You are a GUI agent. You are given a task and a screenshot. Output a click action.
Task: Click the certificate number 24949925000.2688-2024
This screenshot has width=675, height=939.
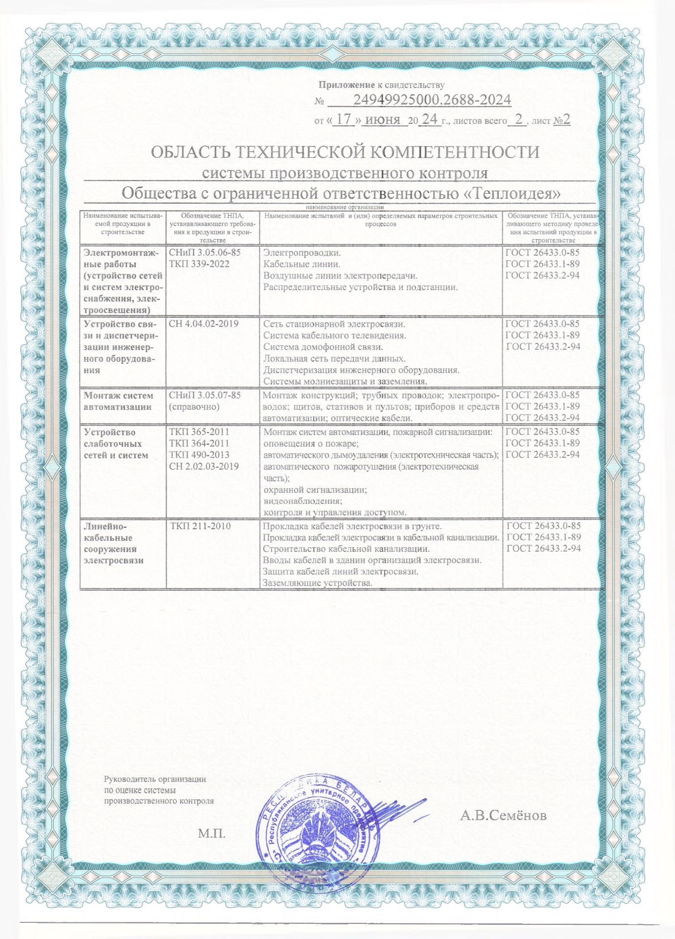tap(432, 100)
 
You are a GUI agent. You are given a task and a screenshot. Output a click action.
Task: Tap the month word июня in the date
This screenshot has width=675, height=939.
tap(382, 119)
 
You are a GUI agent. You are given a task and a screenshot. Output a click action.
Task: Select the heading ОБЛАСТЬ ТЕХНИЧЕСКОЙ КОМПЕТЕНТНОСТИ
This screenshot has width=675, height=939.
tap(345, 152)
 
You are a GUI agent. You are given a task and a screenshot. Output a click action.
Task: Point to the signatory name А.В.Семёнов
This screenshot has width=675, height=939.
tap(503, 815)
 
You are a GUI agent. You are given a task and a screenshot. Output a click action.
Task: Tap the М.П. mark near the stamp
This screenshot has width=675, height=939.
tap(212, 833)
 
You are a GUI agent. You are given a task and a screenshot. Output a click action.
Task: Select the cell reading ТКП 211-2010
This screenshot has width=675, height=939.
tap(201, 526)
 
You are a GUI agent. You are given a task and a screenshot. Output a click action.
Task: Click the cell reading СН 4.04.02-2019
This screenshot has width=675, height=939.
tap(204, 324)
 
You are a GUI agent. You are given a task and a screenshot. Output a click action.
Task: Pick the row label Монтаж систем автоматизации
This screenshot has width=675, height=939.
tap(118, 401)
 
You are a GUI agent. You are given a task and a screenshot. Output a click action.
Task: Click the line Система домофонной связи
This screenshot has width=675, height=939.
tap(323, 347)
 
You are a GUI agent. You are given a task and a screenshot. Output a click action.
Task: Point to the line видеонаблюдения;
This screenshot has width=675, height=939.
tap(303, 501)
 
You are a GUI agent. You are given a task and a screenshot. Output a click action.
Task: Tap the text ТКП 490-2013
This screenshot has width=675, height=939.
tap(199, 455)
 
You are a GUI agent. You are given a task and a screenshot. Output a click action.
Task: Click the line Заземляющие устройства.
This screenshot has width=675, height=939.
tap(318, 582)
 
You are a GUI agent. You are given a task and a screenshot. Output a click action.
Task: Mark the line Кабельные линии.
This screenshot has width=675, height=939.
tap(302, 264)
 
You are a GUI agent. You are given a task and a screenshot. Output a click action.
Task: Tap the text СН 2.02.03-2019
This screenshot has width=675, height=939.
tap(204, 466)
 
